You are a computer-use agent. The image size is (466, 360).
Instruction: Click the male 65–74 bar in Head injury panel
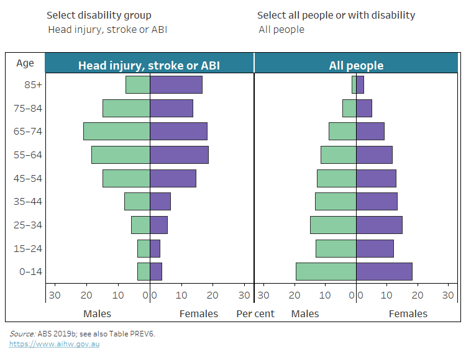point(117,131)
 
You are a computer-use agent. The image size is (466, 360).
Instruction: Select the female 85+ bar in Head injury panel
point(176,84)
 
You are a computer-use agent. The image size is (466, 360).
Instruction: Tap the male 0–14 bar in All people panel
point(326,271)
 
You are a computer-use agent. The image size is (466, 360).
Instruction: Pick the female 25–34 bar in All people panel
point(379,225)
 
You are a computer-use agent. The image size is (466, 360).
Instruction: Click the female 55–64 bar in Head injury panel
point(180,155)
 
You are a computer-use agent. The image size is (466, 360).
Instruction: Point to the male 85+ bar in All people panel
point(354,84)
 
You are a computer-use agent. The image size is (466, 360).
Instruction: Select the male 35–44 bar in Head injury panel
point(137,201)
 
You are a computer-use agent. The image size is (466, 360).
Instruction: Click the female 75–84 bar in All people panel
point(364,108)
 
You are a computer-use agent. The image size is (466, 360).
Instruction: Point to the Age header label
point(25,63)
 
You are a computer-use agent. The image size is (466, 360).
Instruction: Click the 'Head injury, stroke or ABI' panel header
point(148,65)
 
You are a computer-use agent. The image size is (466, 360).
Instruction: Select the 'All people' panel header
point(356,65)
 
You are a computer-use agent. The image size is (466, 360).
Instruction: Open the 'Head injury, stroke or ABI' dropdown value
point(107,29)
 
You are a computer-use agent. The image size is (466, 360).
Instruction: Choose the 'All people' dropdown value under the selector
point(281,29)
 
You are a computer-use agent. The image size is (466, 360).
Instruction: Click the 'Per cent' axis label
point(255,313)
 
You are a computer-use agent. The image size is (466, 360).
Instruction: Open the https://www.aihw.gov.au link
point(54,344)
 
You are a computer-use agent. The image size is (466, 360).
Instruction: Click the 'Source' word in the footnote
point(22,333)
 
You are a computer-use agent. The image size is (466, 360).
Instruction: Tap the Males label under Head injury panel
point(98,313)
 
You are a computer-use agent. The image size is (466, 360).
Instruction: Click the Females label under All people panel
point(408,313)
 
